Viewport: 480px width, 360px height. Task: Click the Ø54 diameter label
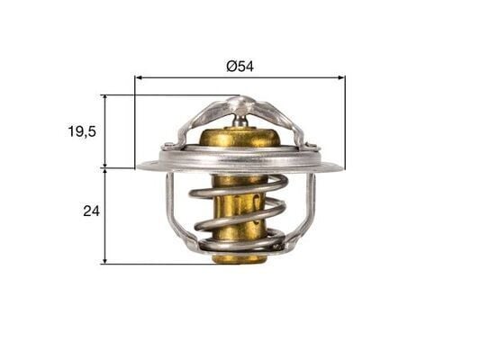240,66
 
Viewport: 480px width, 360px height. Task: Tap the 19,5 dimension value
82,130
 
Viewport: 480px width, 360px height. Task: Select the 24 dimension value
89,211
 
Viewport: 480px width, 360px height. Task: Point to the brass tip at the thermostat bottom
240,258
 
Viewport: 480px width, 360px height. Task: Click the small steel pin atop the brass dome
240,117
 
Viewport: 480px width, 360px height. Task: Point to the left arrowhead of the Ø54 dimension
139,78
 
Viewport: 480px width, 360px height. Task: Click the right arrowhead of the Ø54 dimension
341,78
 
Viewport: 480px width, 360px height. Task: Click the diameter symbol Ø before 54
231,66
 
